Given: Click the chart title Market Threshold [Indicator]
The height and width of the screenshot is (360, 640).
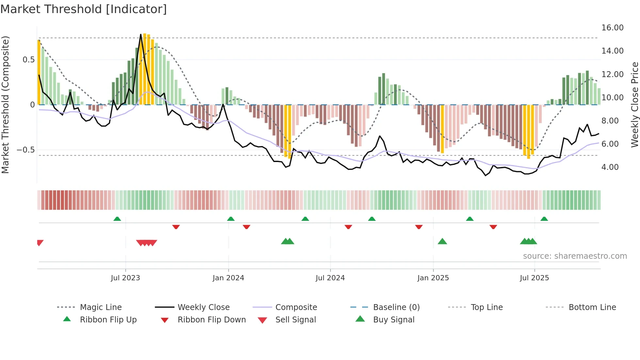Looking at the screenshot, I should [x=84, y=9].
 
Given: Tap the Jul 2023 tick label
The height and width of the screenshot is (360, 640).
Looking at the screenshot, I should [x=125, y=278].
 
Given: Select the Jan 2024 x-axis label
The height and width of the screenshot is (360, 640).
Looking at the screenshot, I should [x=228, y=278].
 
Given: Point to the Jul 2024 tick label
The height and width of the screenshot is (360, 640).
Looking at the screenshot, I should [x=330, y=278].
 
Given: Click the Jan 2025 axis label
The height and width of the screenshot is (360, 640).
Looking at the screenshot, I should [x=433, y=278].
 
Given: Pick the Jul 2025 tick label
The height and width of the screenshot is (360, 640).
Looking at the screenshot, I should [x=535, y=278].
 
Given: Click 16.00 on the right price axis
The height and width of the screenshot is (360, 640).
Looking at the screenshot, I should [x=613, y=28].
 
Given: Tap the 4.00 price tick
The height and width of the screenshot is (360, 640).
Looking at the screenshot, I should [x=610, y=167].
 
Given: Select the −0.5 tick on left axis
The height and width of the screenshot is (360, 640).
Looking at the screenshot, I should [x=26, y=150].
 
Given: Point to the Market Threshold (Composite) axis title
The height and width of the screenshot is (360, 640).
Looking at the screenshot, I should [x=5, y=105].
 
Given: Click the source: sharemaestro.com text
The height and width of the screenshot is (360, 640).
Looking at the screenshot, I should [x=575, y=256].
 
